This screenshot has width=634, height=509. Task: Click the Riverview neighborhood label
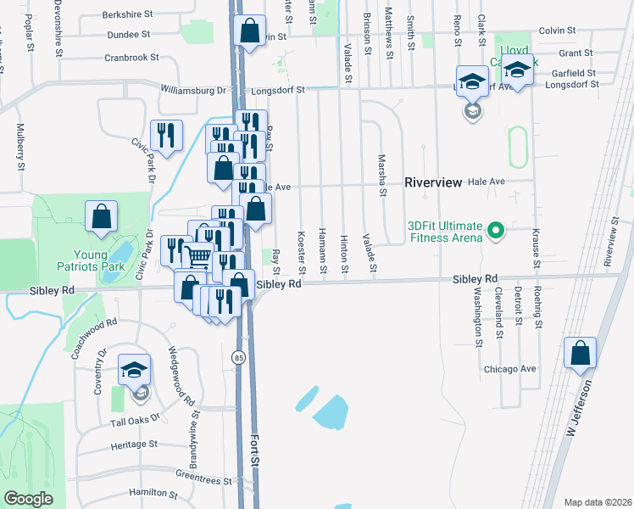(433, 182)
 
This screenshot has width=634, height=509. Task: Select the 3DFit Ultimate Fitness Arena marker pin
(498, 230)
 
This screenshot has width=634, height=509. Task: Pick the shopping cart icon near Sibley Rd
(198, 256)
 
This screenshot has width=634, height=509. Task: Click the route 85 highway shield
(238, 358)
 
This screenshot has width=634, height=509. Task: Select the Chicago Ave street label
(510, 369)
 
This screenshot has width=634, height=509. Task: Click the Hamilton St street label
(153, 493)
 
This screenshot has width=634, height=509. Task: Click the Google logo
(28, 499)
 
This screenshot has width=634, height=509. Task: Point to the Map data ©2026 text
(598, 501)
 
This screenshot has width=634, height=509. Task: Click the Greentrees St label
(203, 480)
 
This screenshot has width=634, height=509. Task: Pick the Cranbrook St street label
(132, 58)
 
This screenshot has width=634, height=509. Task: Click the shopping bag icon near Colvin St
(250, 31)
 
